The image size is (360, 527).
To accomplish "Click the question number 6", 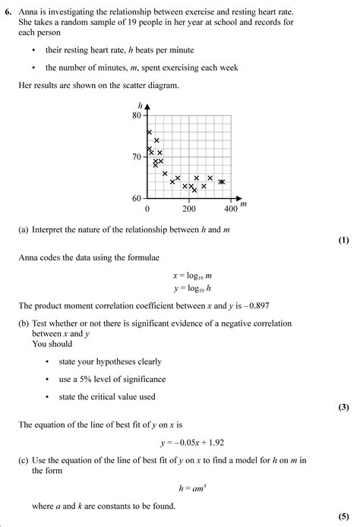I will click(x=7, y=13).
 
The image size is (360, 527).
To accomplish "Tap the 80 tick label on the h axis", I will click(x=137, y=115).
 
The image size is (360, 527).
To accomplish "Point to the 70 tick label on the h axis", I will click(x=137, y=157).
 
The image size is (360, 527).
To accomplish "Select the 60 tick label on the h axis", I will click(x=137, y=198).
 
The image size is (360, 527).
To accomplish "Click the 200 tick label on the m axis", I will click(x=189, y=208).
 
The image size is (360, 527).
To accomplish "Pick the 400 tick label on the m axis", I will click(x=231, y=208).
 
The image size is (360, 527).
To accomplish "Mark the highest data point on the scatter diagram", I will click(x=149, y=132).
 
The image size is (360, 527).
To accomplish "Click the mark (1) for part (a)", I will click(x=343, y=241).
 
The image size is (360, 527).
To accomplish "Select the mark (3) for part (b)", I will click(x=343, y=407).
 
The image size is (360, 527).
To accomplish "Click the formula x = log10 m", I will click(x=180, y=276).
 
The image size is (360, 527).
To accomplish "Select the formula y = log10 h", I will click(x=180, y=289).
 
